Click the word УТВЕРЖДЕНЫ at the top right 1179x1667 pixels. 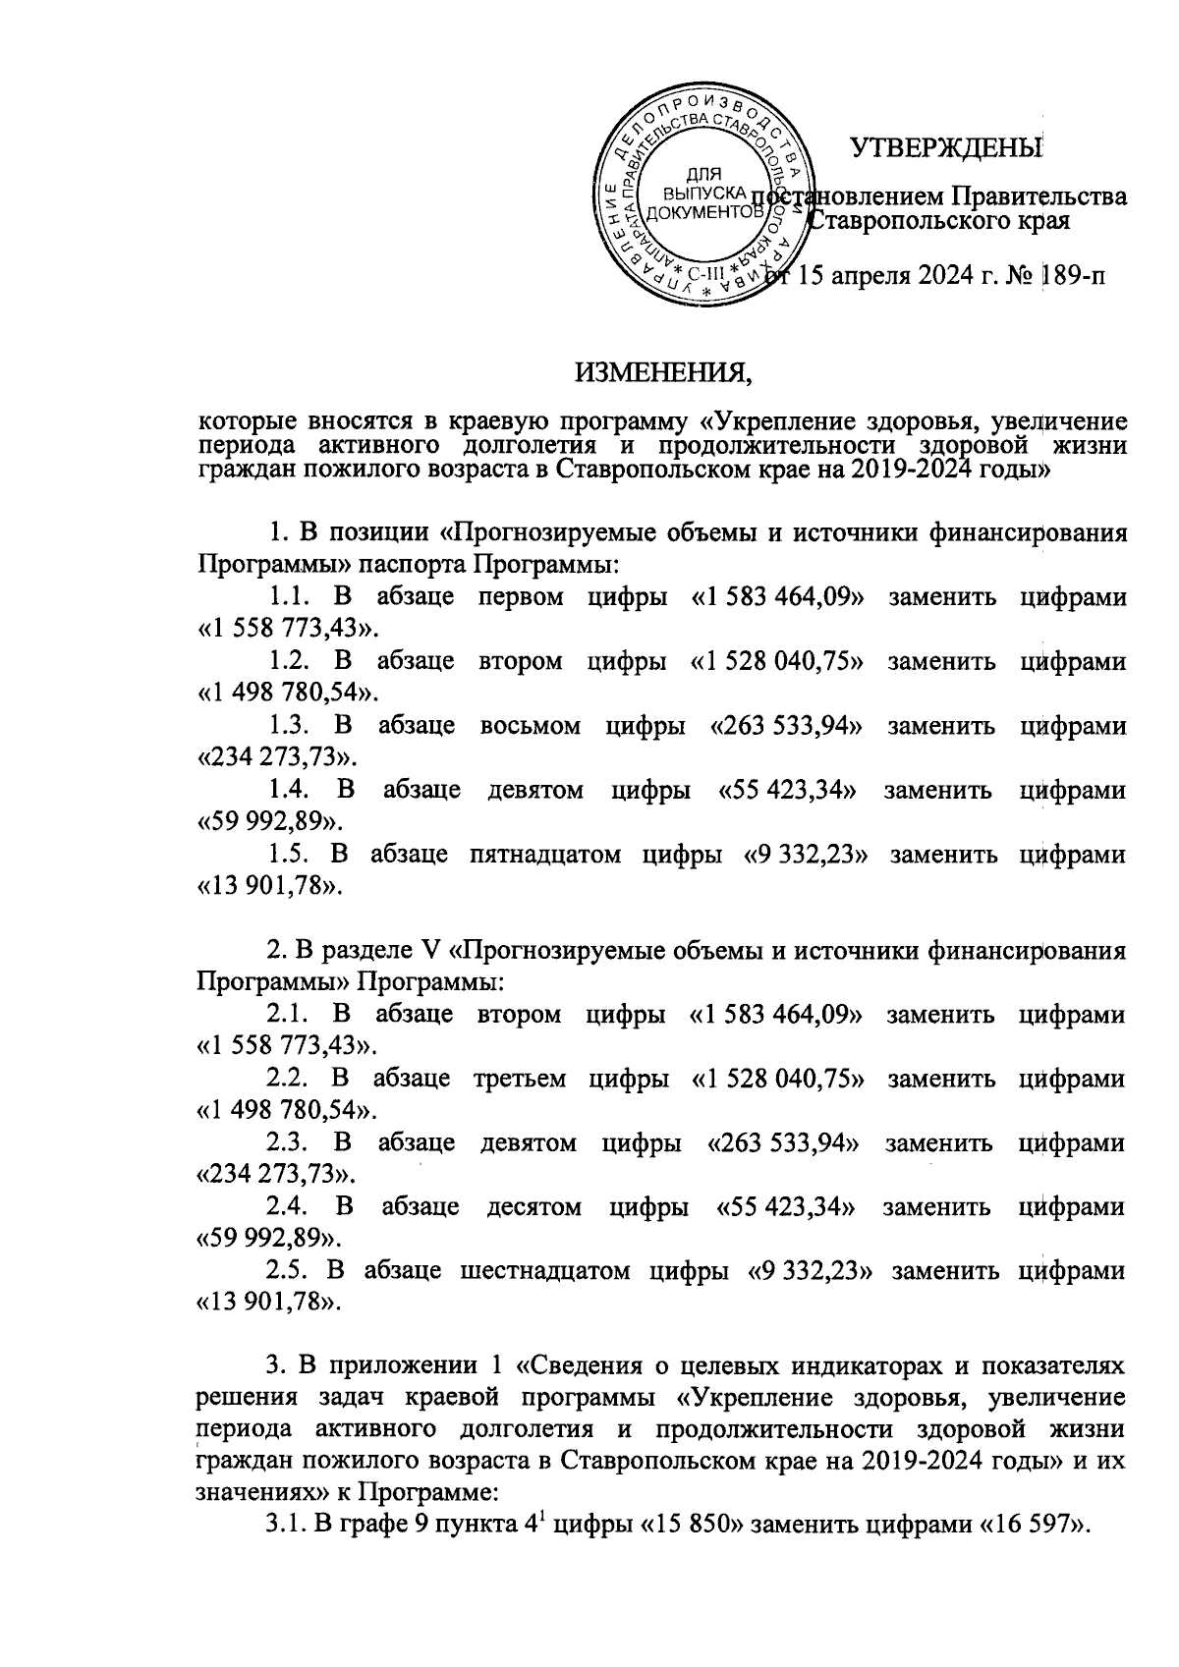pyautogui.click(x=945, y=148)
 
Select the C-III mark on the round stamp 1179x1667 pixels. pyautogui.click(x=703, y=275)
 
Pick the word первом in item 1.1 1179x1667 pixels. pyautogui.click(x=520, y=597)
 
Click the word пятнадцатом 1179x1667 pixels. pyautogui.click(x=544, y=854)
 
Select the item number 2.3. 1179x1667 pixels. pyautogui.click(x=290, y=1142)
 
